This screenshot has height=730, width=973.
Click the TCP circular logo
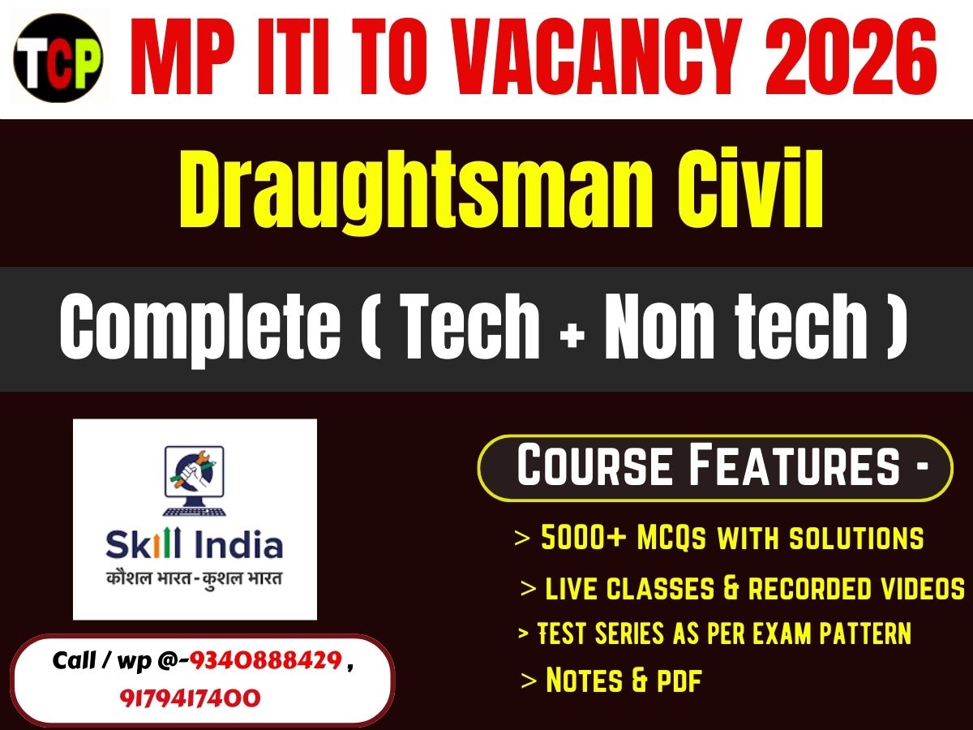click(x=58, y=58)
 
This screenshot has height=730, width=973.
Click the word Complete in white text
click(x=200, y=328)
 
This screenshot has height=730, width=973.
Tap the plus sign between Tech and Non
click(x=572, y=333)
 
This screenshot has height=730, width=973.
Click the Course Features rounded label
click(x=715, y=468)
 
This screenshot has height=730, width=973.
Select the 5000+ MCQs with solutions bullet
click(x=730, y=538)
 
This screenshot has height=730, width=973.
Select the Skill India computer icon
click(x=195, y=479)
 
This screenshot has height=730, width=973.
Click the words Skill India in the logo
click(x=195, y=545)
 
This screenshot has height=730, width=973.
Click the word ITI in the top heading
click(x=292, y=59)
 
